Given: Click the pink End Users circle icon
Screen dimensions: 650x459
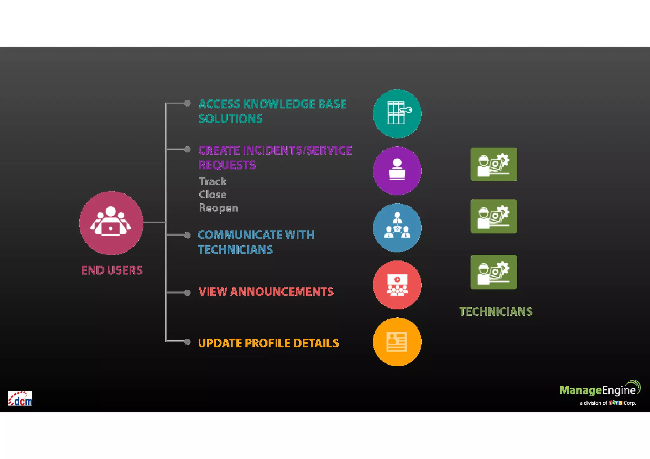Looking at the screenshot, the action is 111,223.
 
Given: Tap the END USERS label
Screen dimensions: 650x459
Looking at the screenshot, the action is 112,270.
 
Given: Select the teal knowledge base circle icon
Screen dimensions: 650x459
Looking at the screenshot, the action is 397,114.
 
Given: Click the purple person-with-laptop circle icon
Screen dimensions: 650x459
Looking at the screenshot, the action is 397,171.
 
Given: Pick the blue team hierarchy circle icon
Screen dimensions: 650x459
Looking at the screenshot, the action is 397,228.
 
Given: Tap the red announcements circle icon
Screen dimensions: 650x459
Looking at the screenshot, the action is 397,285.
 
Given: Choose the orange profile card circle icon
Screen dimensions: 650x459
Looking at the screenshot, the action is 397,342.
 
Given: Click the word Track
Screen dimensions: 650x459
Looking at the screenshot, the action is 213,181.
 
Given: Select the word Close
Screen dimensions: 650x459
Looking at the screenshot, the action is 213,194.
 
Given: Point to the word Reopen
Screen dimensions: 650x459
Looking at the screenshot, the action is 218,208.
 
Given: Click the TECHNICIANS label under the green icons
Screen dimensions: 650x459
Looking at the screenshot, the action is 496,311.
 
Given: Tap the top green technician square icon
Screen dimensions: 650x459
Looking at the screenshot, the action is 494,164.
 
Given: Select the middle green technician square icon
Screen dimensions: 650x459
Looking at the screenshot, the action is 494,216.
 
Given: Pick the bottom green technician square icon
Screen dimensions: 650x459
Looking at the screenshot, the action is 494,272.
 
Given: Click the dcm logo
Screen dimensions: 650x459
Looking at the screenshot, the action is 20,398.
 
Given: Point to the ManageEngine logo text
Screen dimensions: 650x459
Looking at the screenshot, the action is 598,390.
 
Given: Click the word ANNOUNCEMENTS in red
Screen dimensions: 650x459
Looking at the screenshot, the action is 282,292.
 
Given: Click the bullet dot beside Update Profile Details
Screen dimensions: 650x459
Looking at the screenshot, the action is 188,342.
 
